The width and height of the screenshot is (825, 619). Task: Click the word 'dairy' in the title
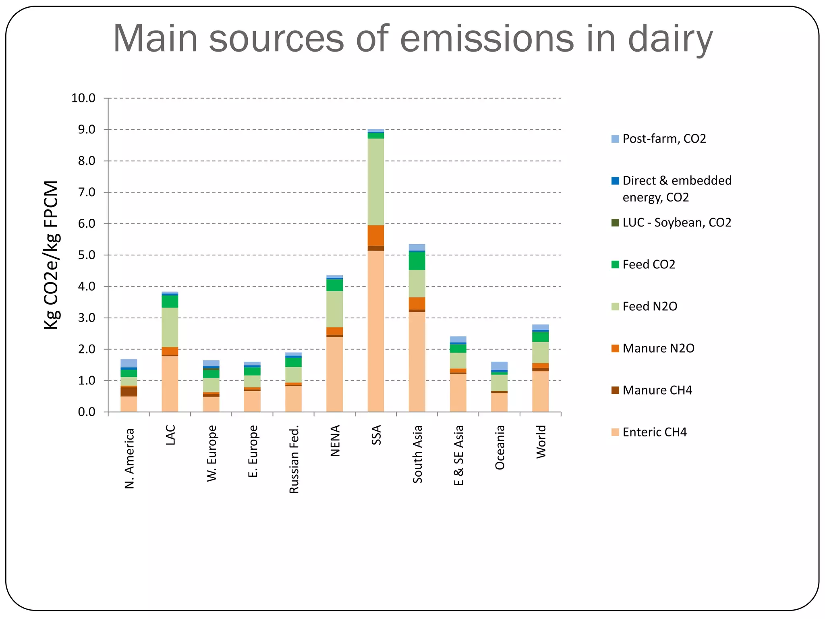pyautogui.click(x=670, y=39)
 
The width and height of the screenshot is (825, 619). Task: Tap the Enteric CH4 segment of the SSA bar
pyautogui.click(x=375, y=330)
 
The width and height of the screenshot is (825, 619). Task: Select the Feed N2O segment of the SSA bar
pyautogui.click(x=375, y=181)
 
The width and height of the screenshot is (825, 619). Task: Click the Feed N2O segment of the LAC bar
pyautogui.click(x=170, y=327)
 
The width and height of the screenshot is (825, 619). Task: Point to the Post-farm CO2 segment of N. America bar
pyautogui.click(x=129, y=363)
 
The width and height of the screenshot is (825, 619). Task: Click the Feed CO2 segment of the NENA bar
pyautogui.click(x=334, y=285)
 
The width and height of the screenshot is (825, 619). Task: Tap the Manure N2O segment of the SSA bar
pyautogui.click(x=375, y=235)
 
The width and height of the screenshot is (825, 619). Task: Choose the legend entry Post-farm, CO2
pyautogui.click(x=664, y=139)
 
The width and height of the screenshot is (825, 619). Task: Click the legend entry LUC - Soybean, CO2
pyautogui.click(x=676, y=222)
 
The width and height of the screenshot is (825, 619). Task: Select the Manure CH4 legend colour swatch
pyautogui.click(x=615, y=390)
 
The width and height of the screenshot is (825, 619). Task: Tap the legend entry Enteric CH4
pyautogui.click(x=654, y=432)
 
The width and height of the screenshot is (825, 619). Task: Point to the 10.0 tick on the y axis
pyautogui.click(x=83, y=98)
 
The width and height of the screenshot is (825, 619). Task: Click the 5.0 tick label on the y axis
pyautogui.click(x=86, y=255)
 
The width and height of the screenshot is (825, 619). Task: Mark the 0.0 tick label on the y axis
pyautogui.click(x=86, y=412)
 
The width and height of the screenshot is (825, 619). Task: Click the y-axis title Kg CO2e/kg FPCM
pyautogui.click(x=52, y=255)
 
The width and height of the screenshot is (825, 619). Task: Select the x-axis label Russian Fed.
pyautogui.click(x=294, y=459)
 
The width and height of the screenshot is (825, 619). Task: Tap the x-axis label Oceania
pyautogui.click(x=500, y=447)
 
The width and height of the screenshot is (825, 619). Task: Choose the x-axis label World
pyautogui.click(x=541, y=442)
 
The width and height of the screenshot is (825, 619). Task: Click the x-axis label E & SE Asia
pyautogui.click(x=458, y=455)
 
